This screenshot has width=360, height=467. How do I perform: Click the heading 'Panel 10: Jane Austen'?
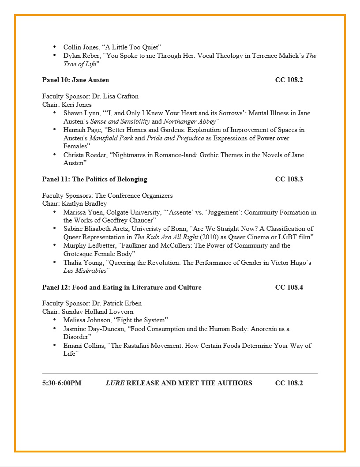(75, 80)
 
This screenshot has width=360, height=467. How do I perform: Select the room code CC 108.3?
(289, 179)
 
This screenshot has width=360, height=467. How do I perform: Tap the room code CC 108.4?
(289, 287)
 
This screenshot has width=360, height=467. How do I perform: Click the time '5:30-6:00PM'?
(62, 383)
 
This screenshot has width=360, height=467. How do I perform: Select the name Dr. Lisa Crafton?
(115, 96)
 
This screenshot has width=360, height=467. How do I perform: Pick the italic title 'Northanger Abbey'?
(190, 121)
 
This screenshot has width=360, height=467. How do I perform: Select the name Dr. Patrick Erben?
(116, 304)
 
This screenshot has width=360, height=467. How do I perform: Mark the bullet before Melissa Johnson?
(54, 320)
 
